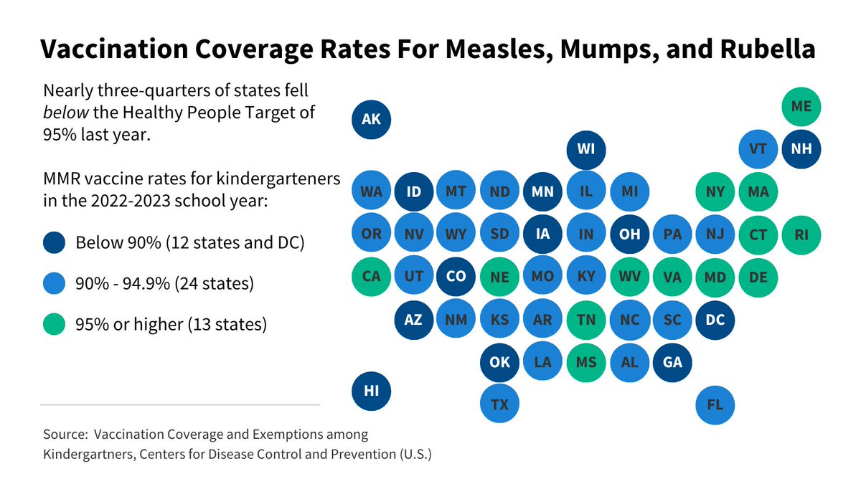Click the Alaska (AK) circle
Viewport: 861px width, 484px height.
371,119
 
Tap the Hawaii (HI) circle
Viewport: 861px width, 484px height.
371,391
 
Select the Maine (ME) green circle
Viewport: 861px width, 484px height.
801,106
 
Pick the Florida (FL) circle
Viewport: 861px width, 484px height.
715,404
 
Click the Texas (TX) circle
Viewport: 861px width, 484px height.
499,404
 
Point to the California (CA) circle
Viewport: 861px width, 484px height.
371,276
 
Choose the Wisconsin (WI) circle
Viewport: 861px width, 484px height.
585,149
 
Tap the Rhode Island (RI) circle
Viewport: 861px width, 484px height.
801,234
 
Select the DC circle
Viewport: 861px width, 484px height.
715,320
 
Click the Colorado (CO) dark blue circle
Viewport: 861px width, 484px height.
456,276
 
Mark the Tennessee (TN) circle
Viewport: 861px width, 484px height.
585,320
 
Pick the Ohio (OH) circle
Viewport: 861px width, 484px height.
629,234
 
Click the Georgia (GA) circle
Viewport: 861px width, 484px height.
672,362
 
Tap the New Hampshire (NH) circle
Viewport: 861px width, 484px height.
801,149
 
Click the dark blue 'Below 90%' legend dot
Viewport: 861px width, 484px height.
54,242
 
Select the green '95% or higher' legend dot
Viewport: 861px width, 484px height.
54,324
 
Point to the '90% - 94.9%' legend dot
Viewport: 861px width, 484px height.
54,283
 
